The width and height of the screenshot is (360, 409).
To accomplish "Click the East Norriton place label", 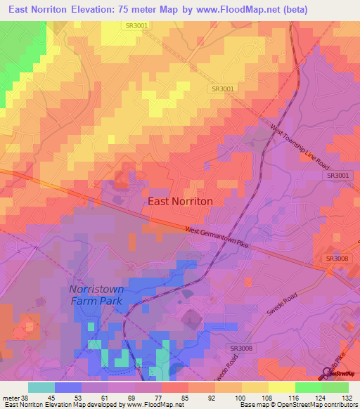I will (x=180, y=201).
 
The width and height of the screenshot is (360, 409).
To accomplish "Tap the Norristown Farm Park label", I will (x=96, y=295).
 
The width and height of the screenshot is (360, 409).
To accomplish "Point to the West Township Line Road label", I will (x=300, y=146).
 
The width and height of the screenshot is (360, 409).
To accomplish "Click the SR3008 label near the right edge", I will (x=337, y=259).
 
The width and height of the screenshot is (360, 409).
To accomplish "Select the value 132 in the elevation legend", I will (x=347, y=397).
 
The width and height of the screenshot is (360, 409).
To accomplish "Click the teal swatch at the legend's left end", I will (x=41, y=387).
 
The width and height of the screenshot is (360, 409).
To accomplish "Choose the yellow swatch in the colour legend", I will (x=281, y=387).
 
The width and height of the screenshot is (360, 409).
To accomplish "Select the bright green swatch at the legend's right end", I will (x=335, y=387).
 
